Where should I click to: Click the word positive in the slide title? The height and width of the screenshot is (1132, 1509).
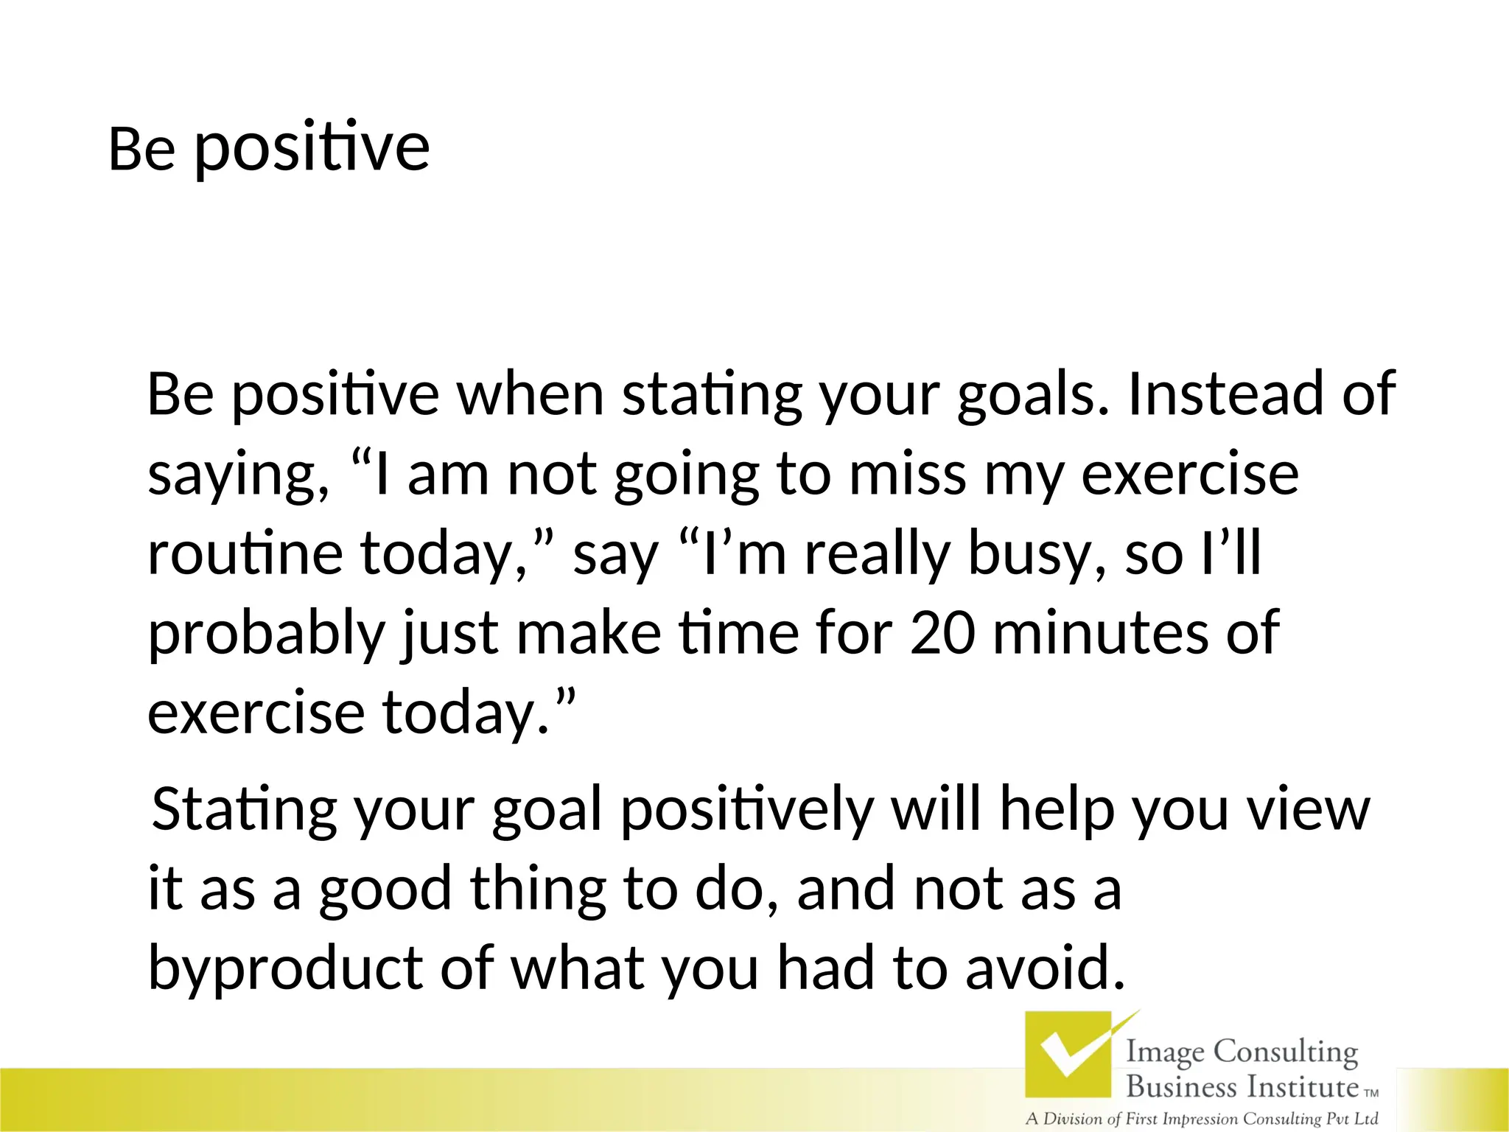tap(312, 149)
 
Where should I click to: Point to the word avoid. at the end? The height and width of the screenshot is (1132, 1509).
tap(1046, 967)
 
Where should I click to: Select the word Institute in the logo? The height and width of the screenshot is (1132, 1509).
tap(1301, 1086)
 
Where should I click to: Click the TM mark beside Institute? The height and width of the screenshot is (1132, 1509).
tap(1371, 1094)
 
